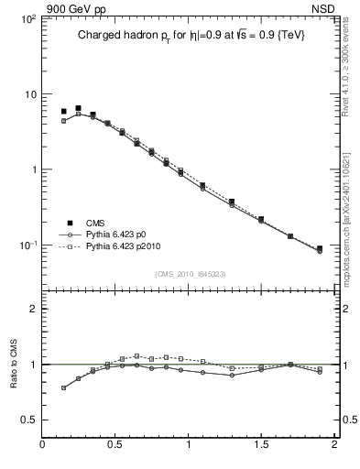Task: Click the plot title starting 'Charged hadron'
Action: pyautogui.click(x=190, y=35)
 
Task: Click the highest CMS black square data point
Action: pyautogui.click(x=78, y=108)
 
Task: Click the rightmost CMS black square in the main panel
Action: pyautogui.click(x=320, y=249)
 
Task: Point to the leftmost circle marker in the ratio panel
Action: pyautogui.click(x=63, y=387)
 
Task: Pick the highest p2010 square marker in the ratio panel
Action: pyautogui.click(x=136, y=355)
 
